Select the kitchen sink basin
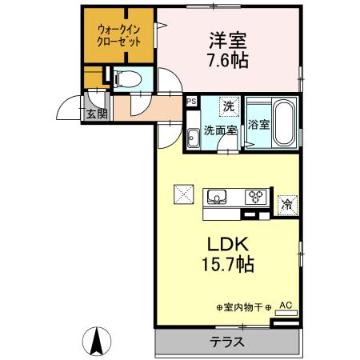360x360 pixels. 218,196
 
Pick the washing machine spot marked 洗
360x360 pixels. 228,106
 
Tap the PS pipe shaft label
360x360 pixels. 190,102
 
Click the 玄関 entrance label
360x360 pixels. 96,114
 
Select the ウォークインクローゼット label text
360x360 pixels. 118,34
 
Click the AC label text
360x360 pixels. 286,305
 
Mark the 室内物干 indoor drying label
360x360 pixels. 244,307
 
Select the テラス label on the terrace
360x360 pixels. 227,342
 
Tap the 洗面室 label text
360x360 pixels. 218,130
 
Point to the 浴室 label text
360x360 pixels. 258,124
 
